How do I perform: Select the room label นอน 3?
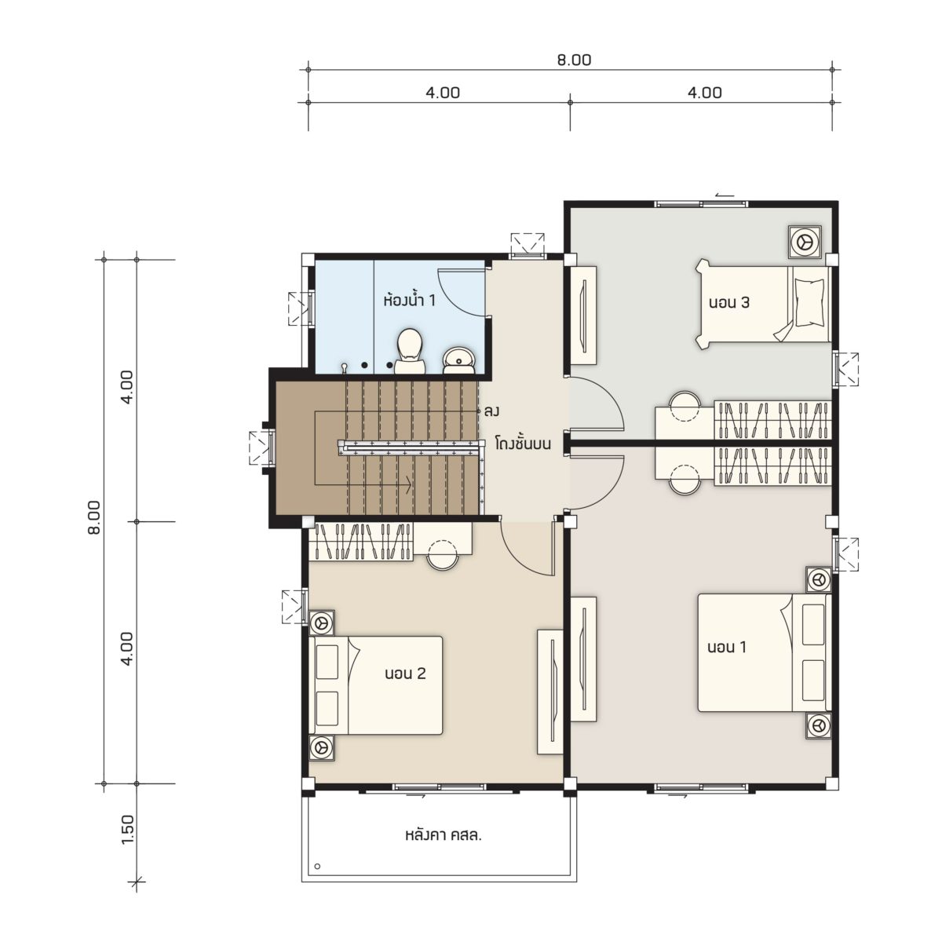point(728,302)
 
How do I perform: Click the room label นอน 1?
point(727,647)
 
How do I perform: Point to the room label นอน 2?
point(405,674)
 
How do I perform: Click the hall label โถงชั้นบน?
point(523,444)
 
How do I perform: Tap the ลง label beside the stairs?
point(491,411)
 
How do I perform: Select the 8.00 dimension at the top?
point(574,60)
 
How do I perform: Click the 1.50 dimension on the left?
point(128,829)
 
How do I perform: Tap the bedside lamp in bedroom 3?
point(805,242)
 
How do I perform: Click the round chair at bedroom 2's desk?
point(443,555)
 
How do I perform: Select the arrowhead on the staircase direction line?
point(406,485)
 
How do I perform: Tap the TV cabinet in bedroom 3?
point(584,315)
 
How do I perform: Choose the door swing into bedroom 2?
point(528,547)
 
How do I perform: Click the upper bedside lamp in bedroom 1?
point(818,580)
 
